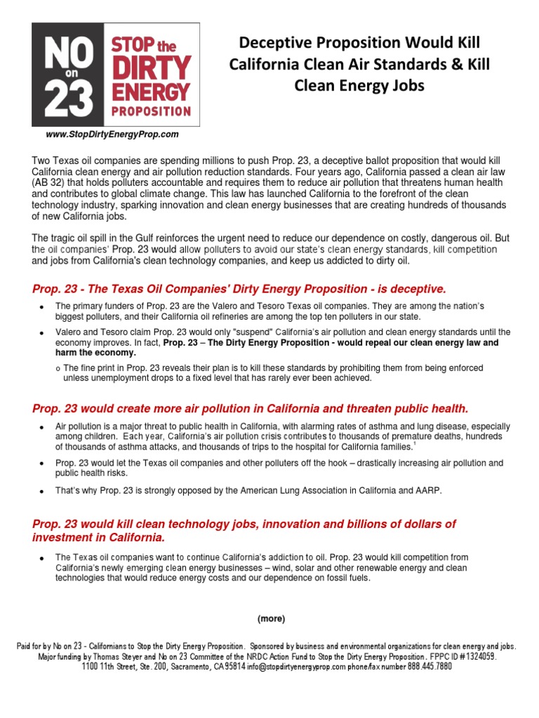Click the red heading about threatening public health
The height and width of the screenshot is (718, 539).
[250, 408]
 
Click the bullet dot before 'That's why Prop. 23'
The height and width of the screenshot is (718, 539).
[42, 492]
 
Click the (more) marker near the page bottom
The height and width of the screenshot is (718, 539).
[270, 618]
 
